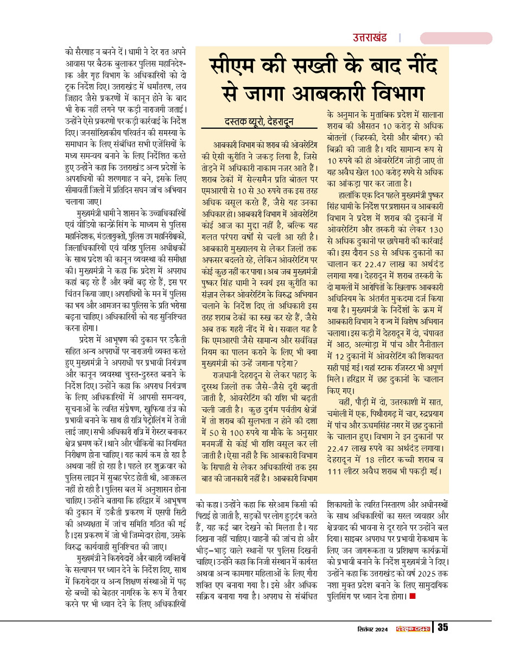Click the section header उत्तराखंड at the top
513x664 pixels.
[370, 38]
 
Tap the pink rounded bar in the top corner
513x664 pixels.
[456, 38]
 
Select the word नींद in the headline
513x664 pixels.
[410, 68]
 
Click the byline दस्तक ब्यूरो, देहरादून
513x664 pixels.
[259, 121]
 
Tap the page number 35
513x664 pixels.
[443, 628]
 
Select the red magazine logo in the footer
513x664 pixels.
[413, 629]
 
